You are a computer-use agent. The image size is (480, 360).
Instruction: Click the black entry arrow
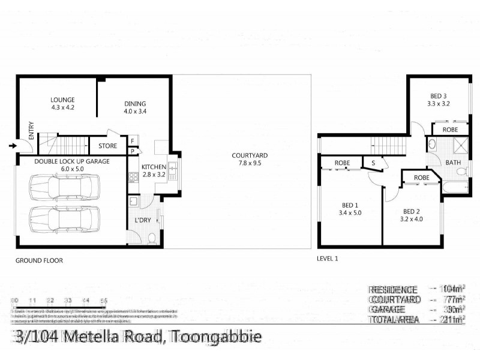13,145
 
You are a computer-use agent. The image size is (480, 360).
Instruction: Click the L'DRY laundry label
143,220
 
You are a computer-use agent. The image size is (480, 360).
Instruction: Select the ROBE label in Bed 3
451,130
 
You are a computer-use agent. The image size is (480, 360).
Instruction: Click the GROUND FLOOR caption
39,261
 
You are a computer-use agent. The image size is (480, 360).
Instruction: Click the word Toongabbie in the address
217,337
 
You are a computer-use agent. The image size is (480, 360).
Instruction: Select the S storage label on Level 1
373,163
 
